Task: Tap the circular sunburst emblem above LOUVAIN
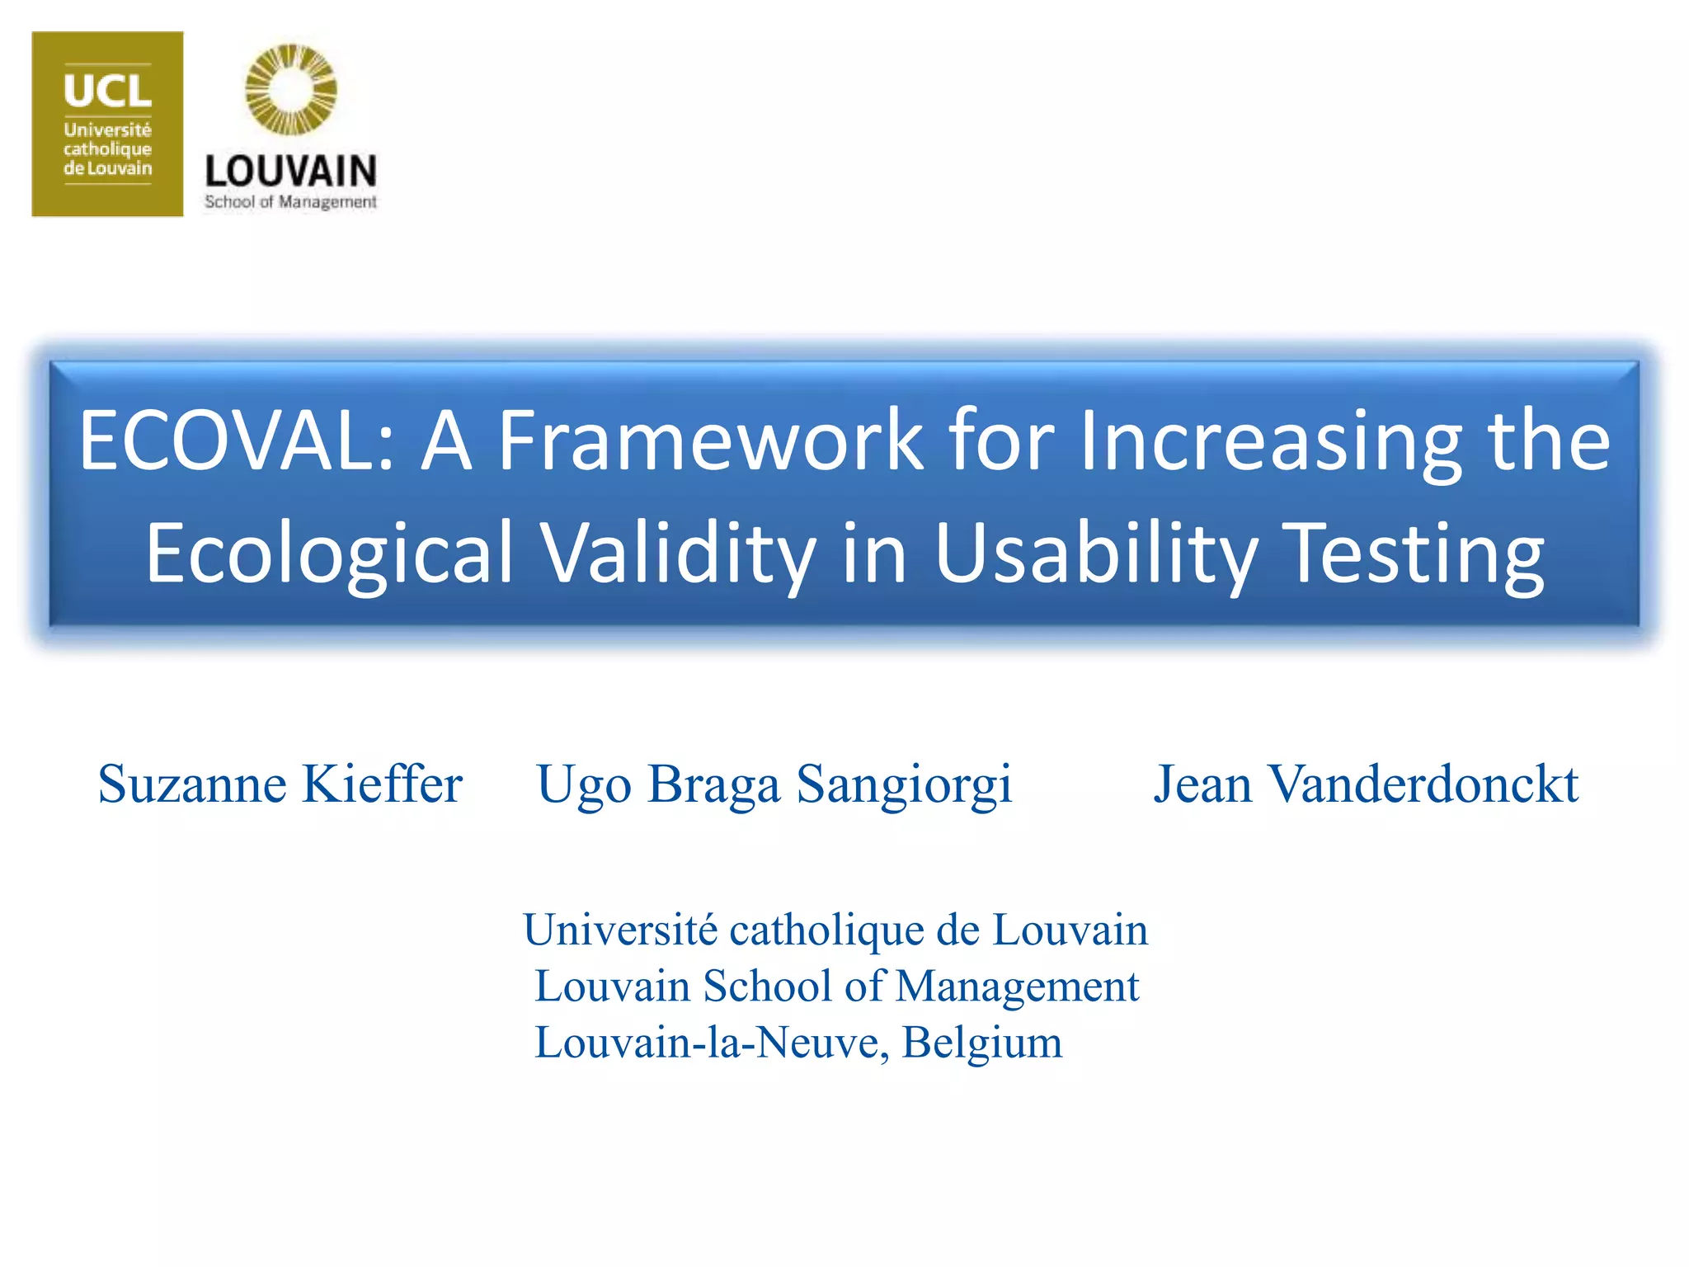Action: pos(291,90)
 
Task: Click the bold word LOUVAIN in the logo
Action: pos(291,172)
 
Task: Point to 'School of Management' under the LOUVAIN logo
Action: pos(291,202)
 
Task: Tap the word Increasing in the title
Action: pos(1270,441)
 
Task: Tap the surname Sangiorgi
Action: pos(904,785)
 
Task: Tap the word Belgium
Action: pos(981,1043)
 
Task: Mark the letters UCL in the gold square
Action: pos(107,91)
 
